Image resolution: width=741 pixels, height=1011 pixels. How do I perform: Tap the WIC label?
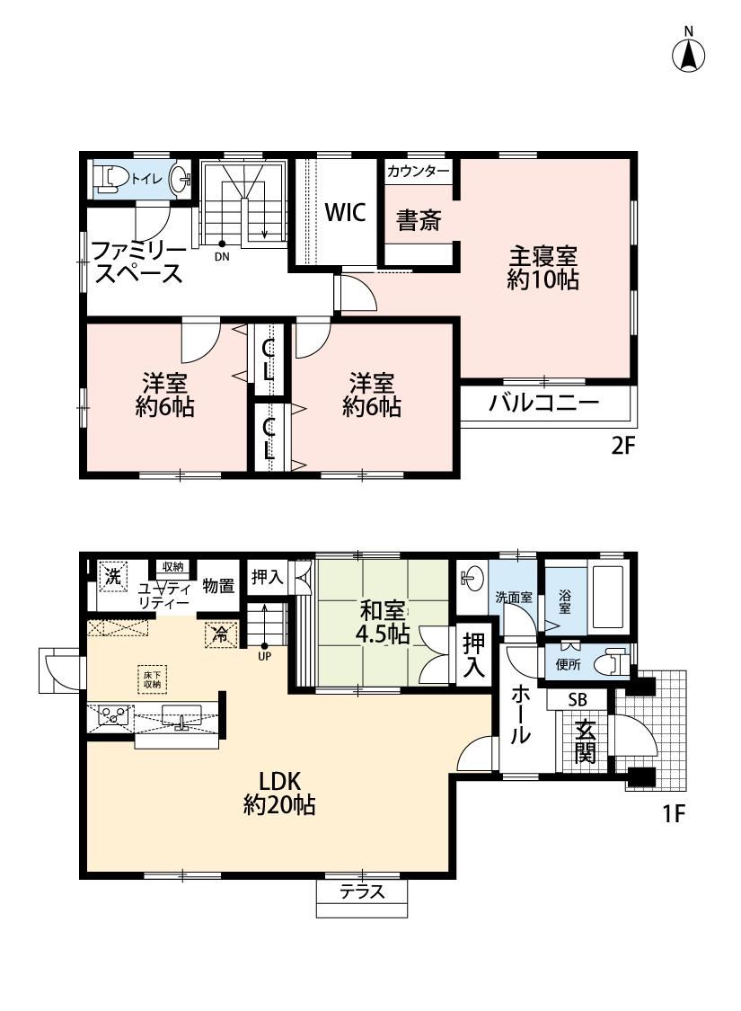[346, 212]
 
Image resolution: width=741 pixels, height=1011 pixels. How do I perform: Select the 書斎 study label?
[419, 220]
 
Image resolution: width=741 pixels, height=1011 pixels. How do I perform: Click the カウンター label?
[419, 172]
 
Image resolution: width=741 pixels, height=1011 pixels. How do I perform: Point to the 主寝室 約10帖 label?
[543, 268]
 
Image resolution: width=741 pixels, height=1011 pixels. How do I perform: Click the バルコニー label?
[544, 404]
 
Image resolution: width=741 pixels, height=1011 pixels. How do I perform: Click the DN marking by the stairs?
[222, 256]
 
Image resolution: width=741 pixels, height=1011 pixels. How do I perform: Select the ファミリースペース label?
[138, 262]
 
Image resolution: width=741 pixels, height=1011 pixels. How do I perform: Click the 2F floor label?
[622, 446]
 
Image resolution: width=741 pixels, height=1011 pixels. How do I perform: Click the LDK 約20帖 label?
[279, 793]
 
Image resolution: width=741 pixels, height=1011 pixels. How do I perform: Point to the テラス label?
[362, 891]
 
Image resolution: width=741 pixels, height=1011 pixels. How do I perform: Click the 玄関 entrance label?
[585, 741]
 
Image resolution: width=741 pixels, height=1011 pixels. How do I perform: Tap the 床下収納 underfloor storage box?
[152, 679]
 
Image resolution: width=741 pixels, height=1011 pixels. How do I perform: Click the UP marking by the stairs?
[264, 657]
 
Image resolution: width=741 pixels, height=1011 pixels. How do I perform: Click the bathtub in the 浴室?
[607, 597]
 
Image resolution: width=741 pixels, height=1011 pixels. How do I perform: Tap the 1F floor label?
[673, 814]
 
